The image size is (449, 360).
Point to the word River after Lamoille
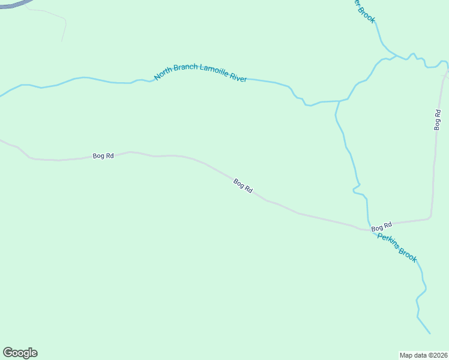pyautogui.click(x=238, y=78)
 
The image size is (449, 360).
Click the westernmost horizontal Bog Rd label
pyautogui.click(x=103, y=156)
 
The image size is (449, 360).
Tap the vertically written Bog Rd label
pyautogui.click(x=438, y=120)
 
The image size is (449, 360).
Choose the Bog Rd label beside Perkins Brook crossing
pyautogui.click(x=381, y=226)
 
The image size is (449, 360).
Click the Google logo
pyautogui.click(x=20, y=353)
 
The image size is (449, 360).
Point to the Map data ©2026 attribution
pyautogui.click(x=424, y=355)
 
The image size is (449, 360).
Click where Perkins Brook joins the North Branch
pyautogui.click(x=340, y=101)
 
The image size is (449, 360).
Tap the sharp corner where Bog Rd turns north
pyautogui.click(x=430, y=217)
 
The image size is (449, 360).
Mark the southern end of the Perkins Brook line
pyautogui.click(x=430, y=333)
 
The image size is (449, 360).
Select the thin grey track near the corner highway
pyautogui.click(x=63, y=27)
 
